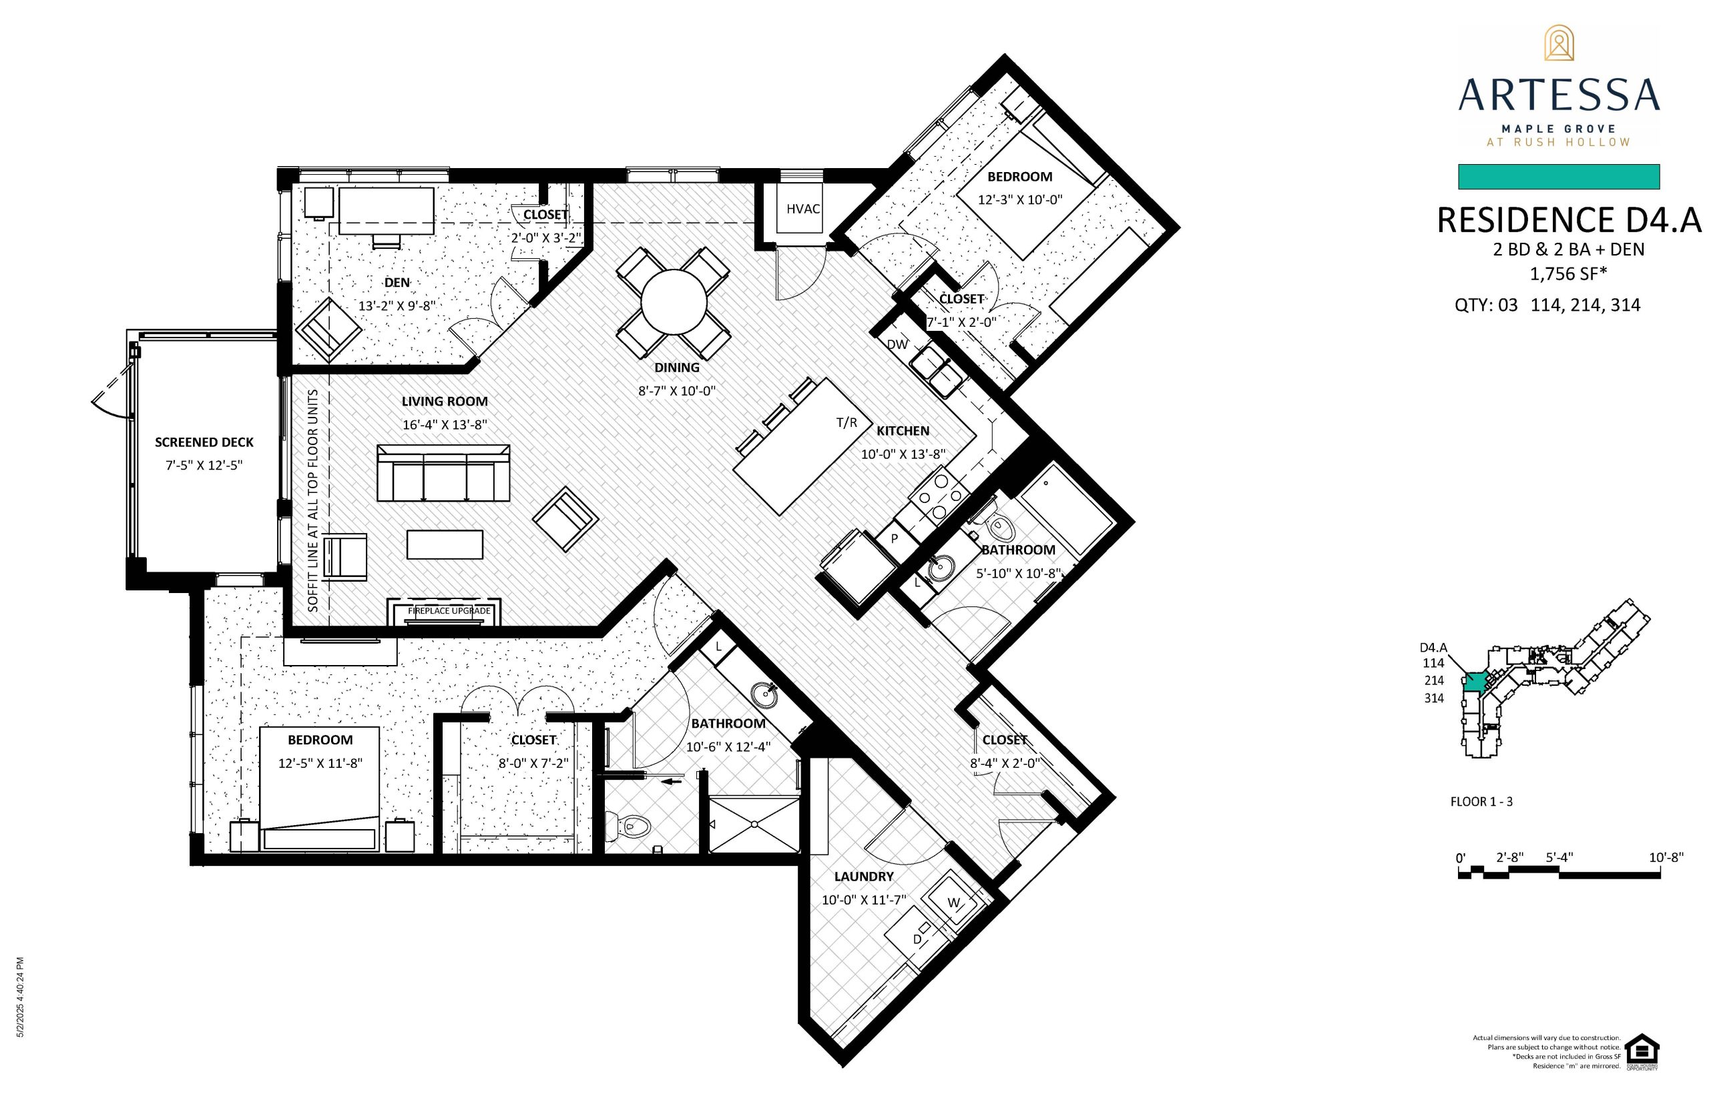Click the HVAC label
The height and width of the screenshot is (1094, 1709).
pos(802,209)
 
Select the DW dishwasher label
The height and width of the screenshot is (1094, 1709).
pos(897,344)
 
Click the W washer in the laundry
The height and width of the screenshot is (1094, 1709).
pos(953,902)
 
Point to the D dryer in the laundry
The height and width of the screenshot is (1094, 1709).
pos(917,940)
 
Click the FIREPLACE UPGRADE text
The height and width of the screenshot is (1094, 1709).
pos(449,610)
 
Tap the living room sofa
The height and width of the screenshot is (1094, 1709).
pos(443,473)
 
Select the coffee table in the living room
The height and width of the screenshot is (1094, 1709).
pos(445,544)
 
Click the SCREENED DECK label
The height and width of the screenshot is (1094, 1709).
pos(204,442)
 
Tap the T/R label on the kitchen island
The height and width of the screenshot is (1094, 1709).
pos(846,423)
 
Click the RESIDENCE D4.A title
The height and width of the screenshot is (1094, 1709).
pos(1569,220)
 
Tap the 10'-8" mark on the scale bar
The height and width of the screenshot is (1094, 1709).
pos(1666,857)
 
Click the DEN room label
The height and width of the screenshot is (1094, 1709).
pos(397,283)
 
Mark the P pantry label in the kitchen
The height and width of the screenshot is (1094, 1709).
pos(894,538)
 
